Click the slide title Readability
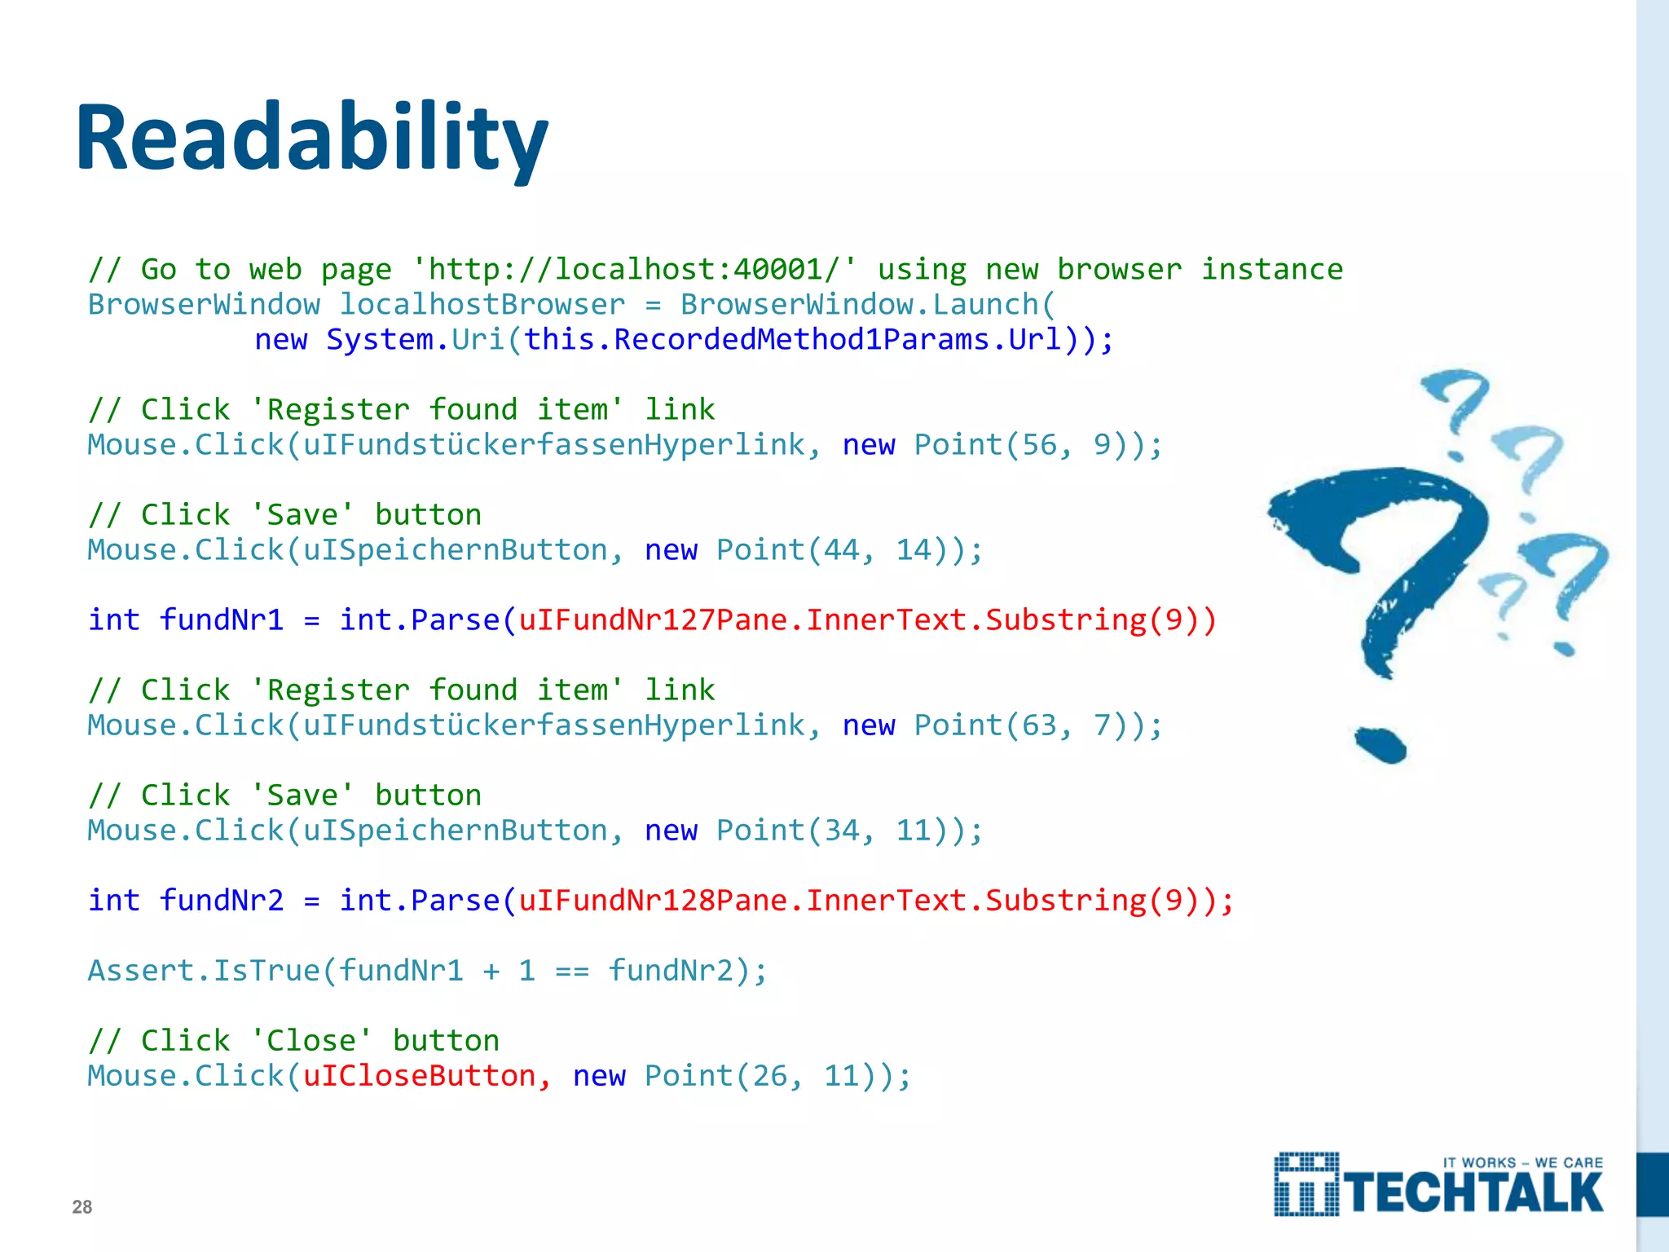[x=312, y=137]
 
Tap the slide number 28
[x=82, y=1206]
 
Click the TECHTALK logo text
[x=1474, y=1192]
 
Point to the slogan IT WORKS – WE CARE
[x=1522, y=1162]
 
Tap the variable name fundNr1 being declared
[x=222, y=619]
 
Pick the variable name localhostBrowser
[x=482, y=304]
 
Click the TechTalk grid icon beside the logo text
[x=1306, y=1184]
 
